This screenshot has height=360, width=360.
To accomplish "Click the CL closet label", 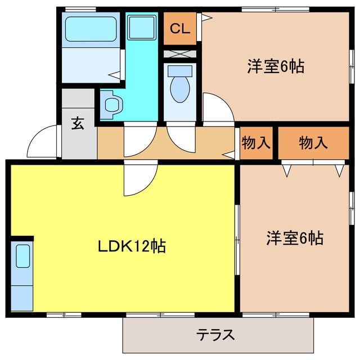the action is click(x=180, y=29).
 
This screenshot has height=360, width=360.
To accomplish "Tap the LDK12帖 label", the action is click(x=132, y=246).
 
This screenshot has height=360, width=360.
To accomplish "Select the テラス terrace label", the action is click(x=215, y=335).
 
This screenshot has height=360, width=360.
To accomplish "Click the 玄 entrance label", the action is click(x=78, y=123).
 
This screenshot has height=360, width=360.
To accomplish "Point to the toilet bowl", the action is click(x=180, y=89).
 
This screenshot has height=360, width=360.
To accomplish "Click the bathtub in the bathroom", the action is click(x=91, y=29).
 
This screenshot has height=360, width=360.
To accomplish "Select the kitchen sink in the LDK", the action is click(x=23, y=256).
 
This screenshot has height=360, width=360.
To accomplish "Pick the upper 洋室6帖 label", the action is click(x=276, y=66).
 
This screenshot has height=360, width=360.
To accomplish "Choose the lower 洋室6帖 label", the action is click(x=295, y=238).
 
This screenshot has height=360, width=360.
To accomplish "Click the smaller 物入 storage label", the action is click(x=255, y=142).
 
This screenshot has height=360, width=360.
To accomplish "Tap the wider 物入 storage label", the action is click(x=313, y=142).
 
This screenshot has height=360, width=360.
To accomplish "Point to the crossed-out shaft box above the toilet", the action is click(x=180, y=54).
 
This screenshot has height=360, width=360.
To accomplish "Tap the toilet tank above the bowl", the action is click(x=180, y=71).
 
